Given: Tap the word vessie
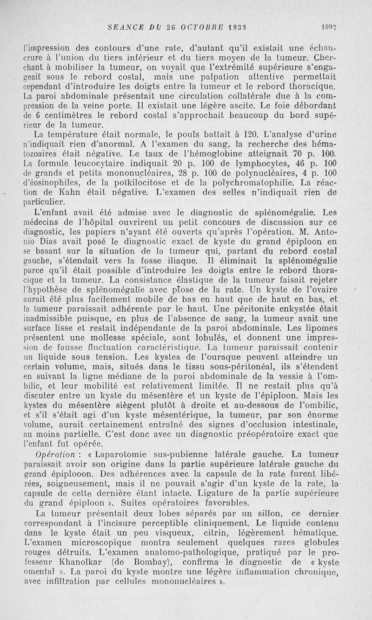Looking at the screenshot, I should (x=289, y=376).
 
